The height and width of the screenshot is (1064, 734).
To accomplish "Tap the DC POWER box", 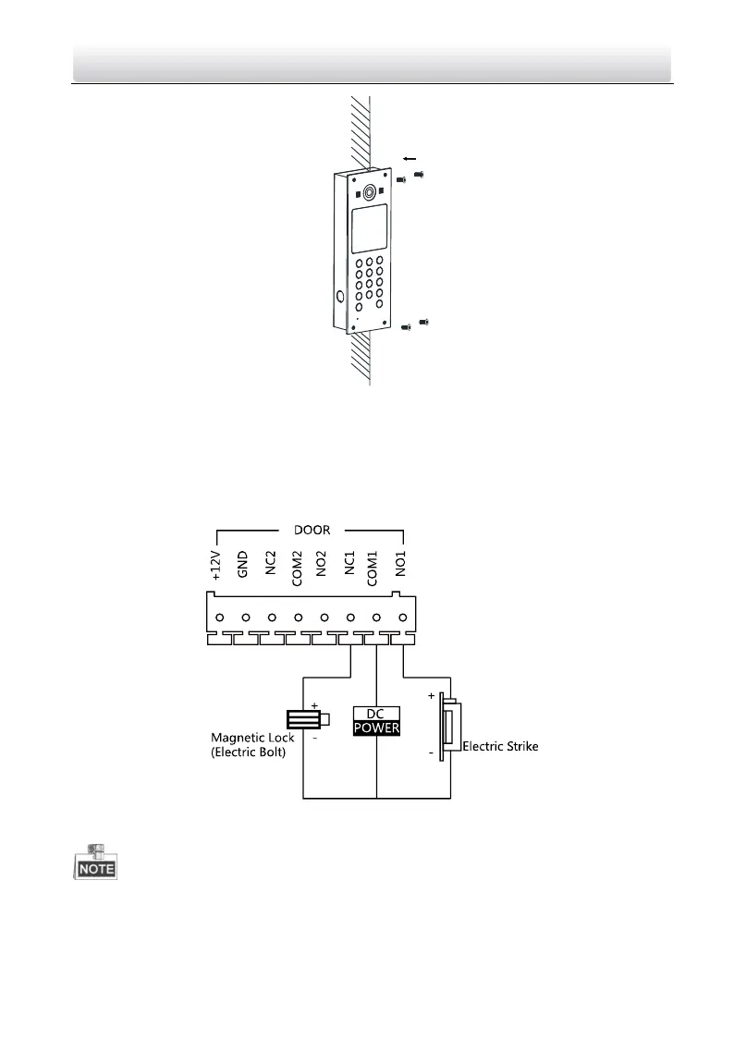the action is tap(376, 720).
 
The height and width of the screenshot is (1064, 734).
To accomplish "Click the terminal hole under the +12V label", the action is tap(220, 617).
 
